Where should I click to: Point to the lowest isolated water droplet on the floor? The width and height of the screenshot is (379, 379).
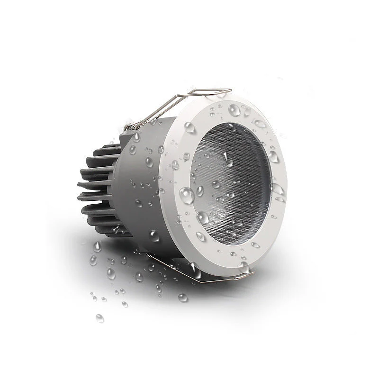coord(99,318)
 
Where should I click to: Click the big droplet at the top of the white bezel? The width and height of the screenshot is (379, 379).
coord(235,110)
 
